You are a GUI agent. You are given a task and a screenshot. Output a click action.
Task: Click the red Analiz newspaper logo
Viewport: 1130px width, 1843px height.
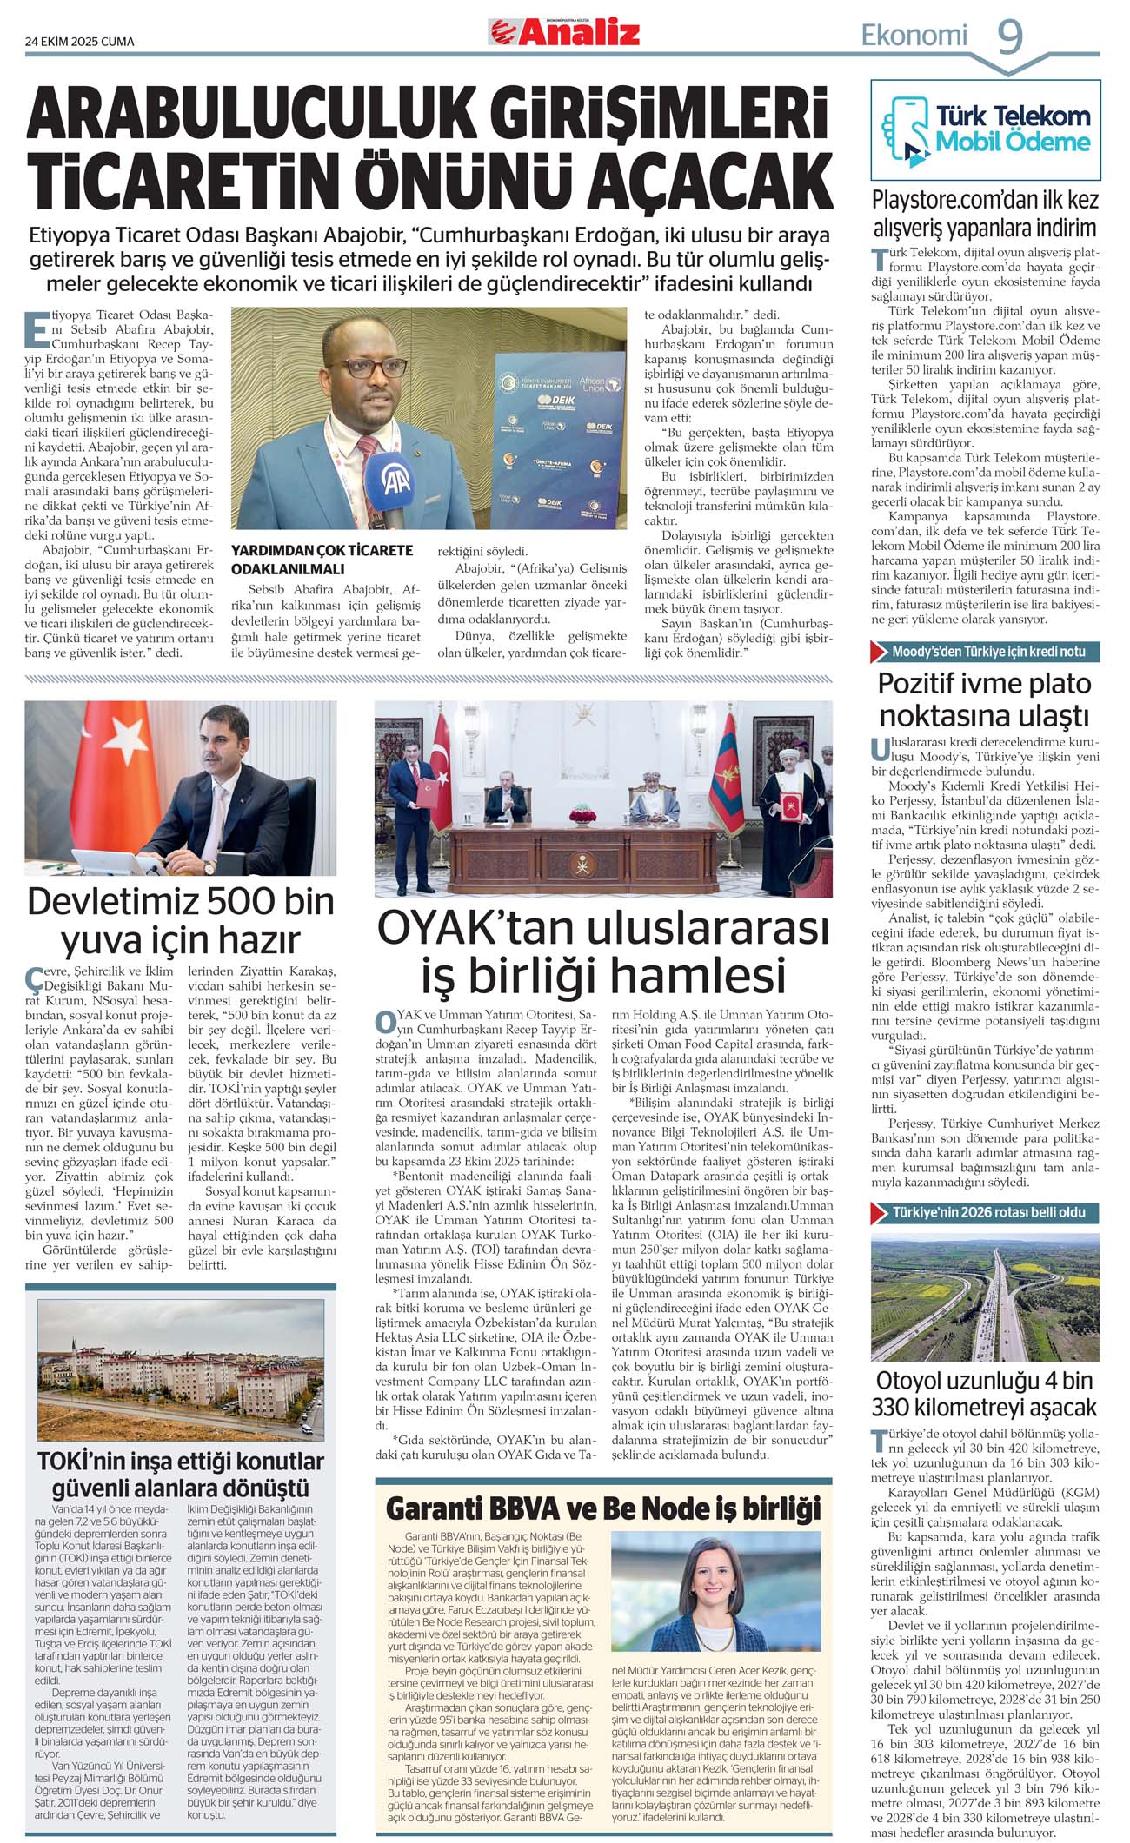[x=564, y=33]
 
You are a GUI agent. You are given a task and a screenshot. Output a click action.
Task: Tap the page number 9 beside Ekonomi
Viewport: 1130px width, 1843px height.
[x=1009, y=36]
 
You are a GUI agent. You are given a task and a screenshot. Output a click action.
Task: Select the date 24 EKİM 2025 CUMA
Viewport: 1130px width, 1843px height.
[x=80, y=41]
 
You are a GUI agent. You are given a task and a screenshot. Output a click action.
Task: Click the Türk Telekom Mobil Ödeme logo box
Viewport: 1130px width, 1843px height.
[x=985, y=129]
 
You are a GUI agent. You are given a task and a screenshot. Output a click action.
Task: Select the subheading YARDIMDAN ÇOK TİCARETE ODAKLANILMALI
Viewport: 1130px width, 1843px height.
[x=322, y=560]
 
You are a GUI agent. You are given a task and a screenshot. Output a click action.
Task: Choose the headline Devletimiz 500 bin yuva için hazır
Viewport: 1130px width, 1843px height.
[x=181, y=920]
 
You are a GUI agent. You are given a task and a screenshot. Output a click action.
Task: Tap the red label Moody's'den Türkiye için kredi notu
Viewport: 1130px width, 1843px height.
[x=985, y=652]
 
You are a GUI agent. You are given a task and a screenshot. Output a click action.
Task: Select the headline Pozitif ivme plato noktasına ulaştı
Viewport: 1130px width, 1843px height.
[x=985, y=699]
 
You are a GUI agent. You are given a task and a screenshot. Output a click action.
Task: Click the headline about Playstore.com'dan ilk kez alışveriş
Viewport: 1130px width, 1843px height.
[x=985, y=214]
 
